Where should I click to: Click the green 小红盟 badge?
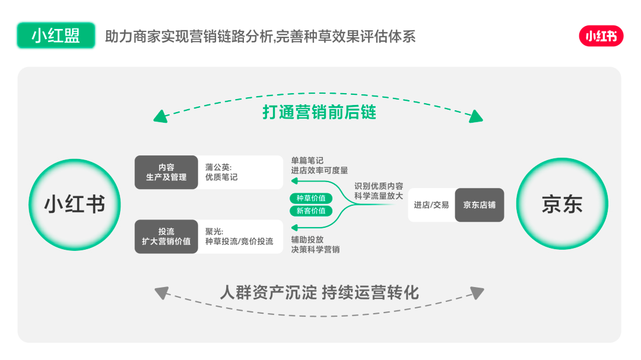coord(56,36)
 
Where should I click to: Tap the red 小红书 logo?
coord(601,37)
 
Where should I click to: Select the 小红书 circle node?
coord(75,205)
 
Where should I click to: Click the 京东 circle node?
coord(562,205)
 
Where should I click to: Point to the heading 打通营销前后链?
coord(319,112)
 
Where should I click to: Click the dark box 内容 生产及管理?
coord(166,172)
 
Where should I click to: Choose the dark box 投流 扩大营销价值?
coord(166,237)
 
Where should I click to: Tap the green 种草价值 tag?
coord(311,198)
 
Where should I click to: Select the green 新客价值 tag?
coord(311,211)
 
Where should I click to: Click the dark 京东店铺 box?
coord(480,205)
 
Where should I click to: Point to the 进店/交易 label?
coord(431,205)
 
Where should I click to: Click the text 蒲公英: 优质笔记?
coord(221,172)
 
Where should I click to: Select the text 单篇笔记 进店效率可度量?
coord(319,165)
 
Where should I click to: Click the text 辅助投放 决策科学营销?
coord(315,244)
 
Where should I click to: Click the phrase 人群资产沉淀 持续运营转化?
coord(319,292)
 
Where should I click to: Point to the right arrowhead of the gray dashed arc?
coord(477,293)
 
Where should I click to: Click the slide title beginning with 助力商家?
coord(260,37)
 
